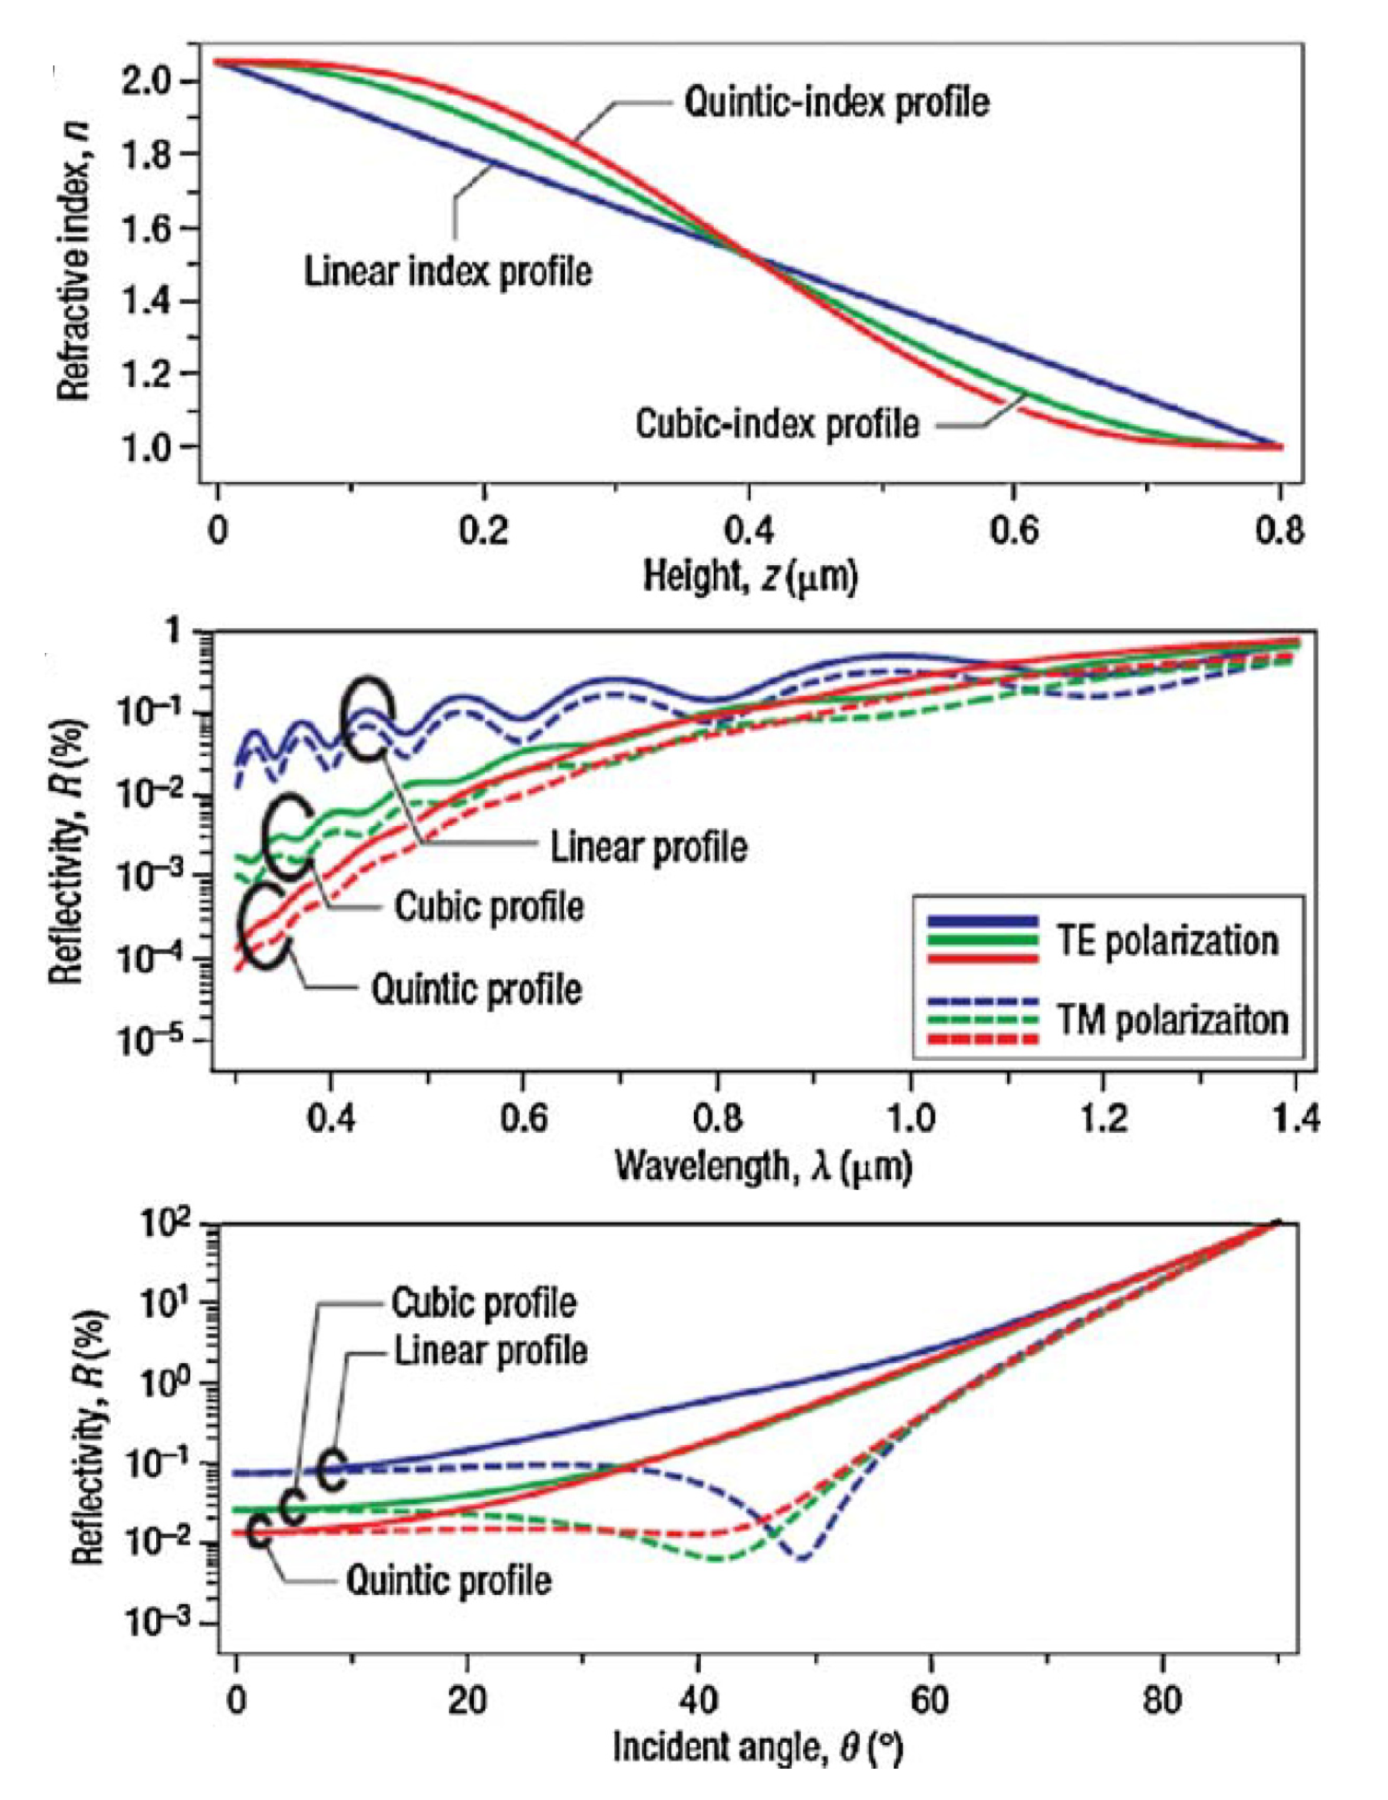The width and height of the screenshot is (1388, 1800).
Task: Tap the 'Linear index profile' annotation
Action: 447,272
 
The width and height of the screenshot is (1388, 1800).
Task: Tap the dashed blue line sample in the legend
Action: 983,1001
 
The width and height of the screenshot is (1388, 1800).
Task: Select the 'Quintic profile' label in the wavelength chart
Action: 476,988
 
